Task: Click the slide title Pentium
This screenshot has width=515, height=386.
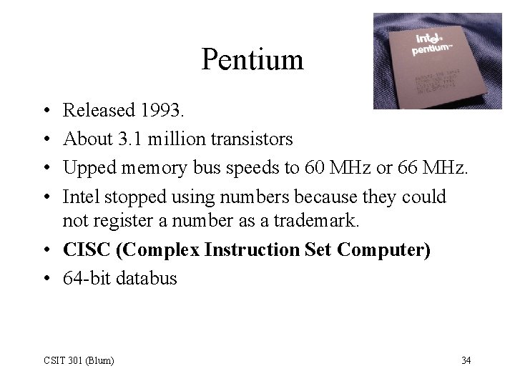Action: tap(252, 59)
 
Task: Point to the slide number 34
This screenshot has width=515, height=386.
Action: tap(466, 359)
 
